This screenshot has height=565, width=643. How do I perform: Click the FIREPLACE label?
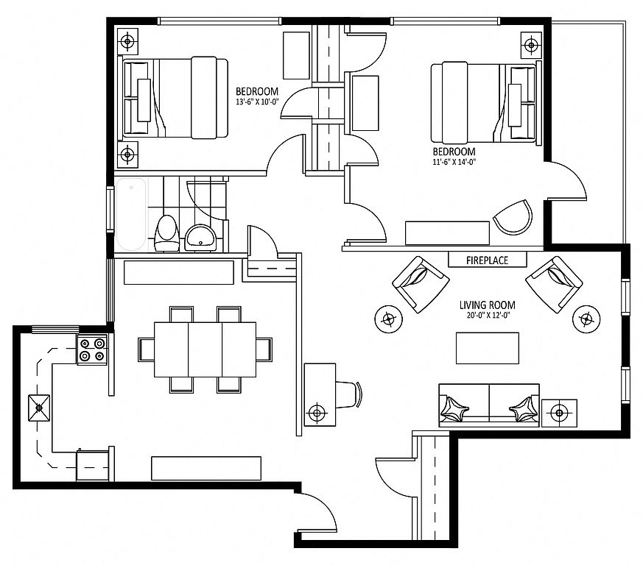click(x=487, y=260)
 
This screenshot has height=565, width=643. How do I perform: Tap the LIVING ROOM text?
click(x=487, y=305)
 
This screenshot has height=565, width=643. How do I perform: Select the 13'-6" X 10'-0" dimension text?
click(x=257, y=102)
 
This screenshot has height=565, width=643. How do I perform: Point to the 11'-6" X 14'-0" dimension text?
click(x=454, y=161)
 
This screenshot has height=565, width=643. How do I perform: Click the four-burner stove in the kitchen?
click(x=92, y=349)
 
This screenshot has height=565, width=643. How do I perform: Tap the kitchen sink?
click(x=39, y=408)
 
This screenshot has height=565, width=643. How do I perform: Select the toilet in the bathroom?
click(x=166, y=233)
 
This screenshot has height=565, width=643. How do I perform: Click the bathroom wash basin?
click(x=200, y=237)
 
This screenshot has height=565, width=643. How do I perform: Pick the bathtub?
click(x=131, y=214)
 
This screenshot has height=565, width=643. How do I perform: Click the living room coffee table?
click(x=488, y=348)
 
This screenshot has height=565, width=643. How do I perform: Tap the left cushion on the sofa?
click(x=453, y=408)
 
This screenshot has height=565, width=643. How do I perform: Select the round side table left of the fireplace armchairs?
click(x=388, y=319)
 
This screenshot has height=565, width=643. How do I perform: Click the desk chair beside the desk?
click(x=348, y=394)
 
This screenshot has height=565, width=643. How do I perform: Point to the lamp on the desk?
click(x=316, y=412)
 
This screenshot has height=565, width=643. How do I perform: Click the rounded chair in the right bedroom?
click(x=513, y=217)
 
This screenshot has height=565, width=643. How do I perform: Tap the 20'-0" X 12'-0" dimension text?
click(x=487, y=316)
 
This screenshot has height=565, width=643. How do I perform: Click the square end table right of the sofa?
click(x=559, y=413)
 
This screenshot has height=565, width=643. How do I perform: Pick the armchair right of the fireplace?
click(x=554, y=285)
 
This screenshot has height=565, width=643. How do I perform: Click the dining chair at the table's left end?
click(x=147, y=349)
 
